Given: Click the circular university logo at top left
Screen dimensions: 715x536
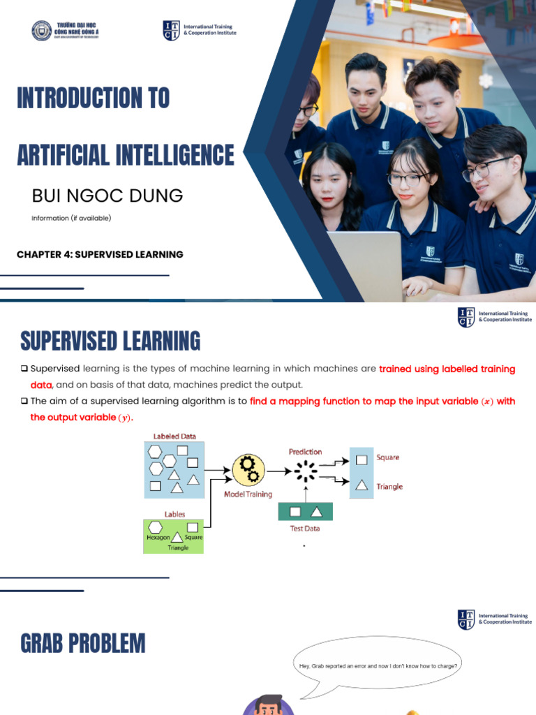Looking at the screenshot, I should pyautogui.click(x=42, y=31).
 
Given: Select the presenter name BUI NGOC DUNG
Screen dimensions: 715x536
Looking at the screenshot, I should pyautogui.click(x=107, y=196).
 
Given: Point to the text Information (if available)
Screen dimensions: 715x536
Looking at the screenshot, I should pyautogui.click(x=71, y=218).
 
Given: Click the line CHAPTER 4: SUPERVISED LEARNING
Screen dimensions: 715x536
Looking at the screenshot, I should pyautogui.click(x=100, y=254).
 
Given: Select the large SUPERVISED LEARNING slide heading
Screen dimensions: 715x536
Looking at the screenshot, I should pyautogui.click(x=110, y=341).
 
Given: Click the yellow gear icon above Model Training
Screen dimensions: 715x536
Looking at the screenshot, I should pyautogui.click(x=248, y=470).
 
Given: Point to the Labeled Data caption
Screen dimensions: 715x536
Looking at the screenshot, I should pyautogui.click(x=174, y=436).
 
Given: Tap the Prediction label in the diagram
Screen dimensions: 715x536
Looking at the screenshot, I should pyautogui.click(x=306, y=452).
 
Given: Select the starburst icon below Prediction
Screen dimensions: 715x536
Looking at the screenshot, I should pyautogui.click(x=306, y=472).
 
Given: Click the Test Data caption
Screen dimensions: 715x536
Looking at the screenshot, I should pyautogui.click(x=305, y=529).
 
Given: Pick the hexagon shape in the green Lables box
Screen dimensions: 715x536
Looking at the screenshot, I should pyautogui.click(x=156, y=526).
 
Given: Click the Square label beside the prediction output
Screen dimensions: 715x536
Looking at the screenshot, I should pyautogui.click(x=388, y=457).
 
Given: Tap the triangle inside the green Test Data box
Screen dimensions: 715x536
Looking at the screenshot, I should pyautogui.click(x=316, y=512).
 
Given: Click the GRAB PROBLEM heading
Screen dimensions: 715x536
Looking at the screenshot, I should pyautogui.click(x=83, y=643).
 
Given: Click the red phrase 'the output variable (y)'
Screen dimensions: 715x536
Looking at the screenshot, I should pyautogui.click(x=80, y=418).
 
